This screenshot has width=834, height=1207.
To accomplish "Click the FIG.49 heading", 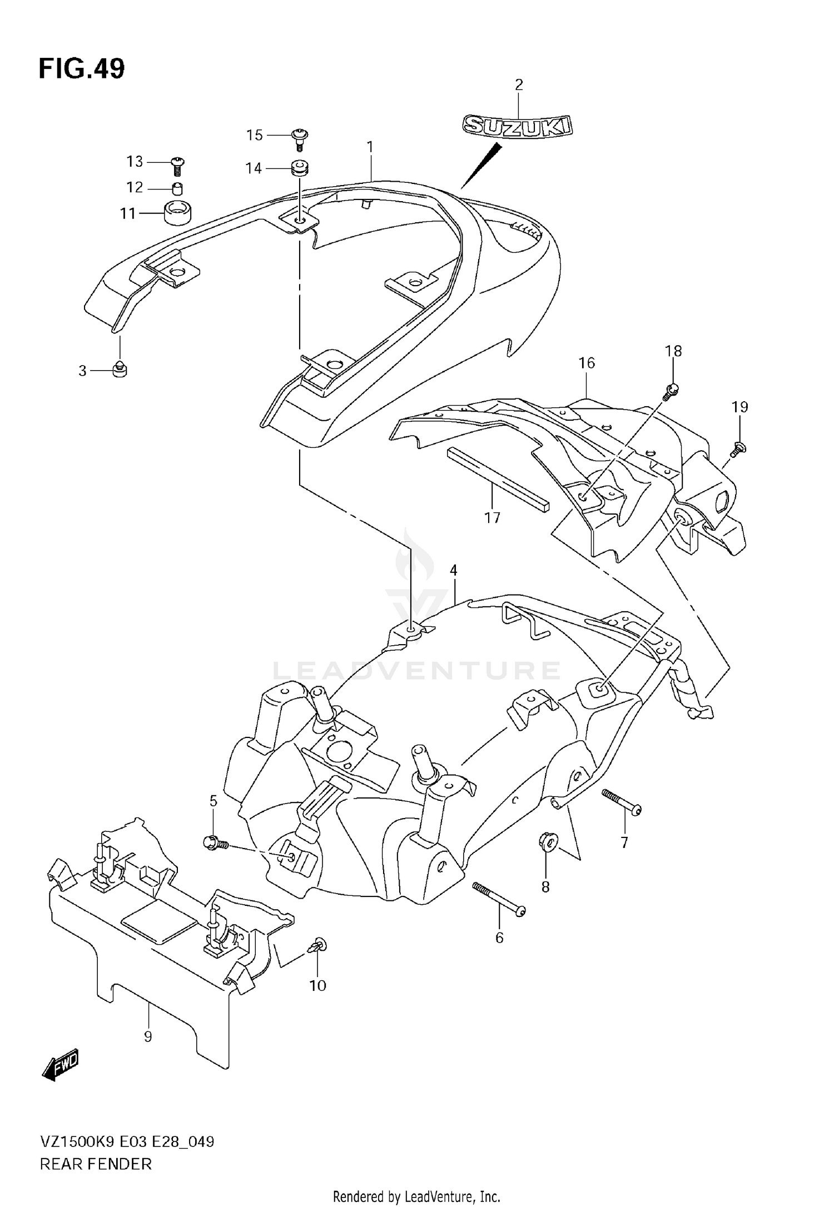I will (82, 69).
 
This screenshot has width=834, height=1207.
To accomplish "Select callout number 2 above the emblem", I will (518, 85).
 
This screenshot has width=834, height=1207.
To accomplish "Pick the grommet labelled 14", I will (300, 168).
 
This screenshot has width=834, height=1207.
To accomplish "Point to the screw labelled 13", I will (178, 163).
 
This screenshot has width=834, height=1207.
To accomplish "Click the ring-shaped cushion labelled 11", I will (178, 213).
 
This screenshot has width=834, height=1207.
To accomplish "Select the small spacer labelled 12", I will (177, 188).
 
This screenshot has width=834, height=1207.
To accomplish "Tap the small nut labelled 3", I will (120, 369).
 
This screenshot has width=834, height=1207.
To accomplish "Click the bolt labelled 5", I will (215, 844).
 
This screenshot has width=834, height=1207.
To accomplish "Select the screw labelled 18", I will (672, 390).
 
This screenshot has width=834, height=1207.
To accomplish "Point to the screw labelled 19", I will (738, 448).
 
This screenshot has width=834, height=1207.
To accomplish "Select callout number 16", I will (587, 363).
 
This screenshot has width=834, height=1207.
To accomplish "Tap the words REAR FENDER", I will (96, 1163).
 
